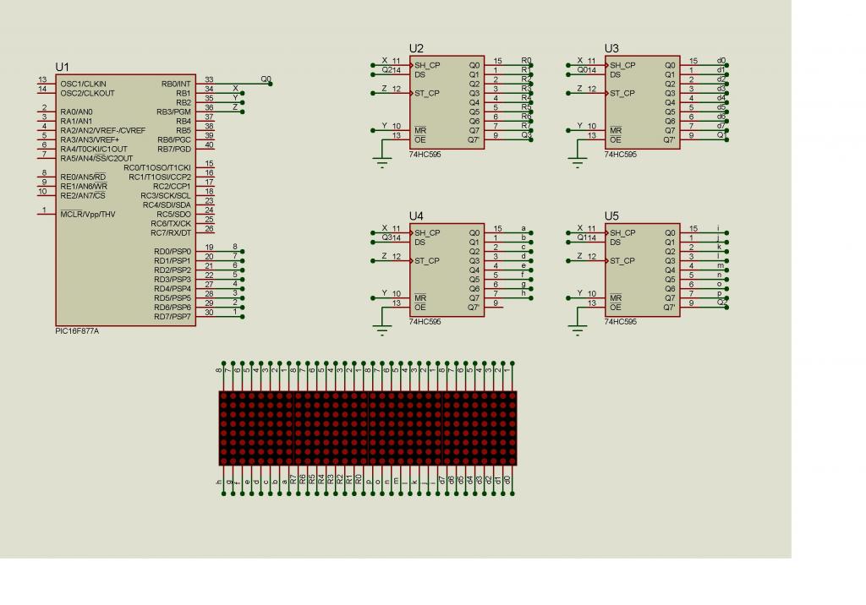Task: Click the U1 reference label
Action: pos(63,67)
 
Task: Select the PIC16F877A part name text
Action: pos(77,332)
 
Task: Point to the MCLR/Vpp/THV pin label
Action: pos(88,215)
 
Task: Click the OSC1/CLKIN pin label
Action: pos(83,84)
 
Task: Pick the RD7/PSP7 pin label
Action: pos(173,316)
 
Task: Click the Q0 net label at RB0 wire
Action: pos(266,79)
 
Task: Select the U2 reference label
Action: pos(416,48)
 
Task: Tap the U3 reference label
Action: pos(611,48)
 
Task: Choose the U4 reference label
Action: pos(416,216)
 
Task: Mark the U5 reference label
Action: pos(611,216)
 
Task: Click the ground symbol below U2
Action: pos(383,164)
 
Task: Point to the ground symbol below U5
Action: pos(578,332)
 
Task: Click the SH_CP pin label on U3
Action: pos(622,65)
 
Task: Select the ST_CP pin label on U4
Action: pos(427,261)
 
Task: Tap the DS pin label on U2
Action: pos(419,74)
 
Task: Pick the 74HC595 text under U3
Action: pos(620,155)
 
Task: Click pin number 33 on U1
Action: pos(209,79)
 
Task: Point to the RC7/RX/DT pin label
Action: pos(172,232)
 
